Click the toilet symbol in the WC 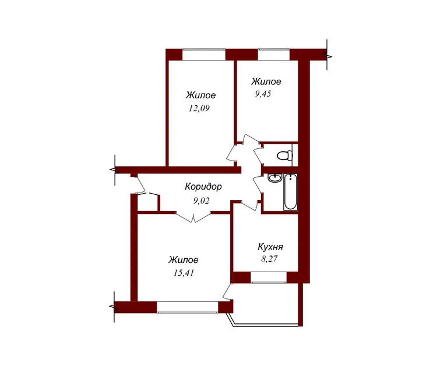click(x=285, y=155)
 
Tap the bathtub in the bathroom click(x=290, y=192)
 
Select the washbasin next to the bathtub click(x=274, y=178)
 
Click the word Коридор click(x=203, y=187)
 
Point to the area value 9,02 click(x=201, y=201)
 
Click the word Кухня click(x=270, y=247)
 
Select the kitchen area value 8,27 click(x=269, y=259)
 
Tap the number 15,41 click(x=184, y=273)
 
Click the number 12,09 click(x=199, y=108)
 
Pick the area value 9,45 click(x=263, y=94)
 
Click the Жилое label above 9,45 click(x=266, y=81)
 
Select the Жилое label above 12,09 click(x=200, y=95)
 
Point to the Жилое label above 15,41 click(x=184, y=260)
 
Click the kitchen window click(x=269, y=277)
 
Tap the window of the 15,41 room click(x=187, y=307)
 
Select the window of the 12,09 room click(x=204, y=55)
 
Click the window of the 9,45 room click(x=274, y=55)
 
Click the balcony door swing click(x=228, y=292)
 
